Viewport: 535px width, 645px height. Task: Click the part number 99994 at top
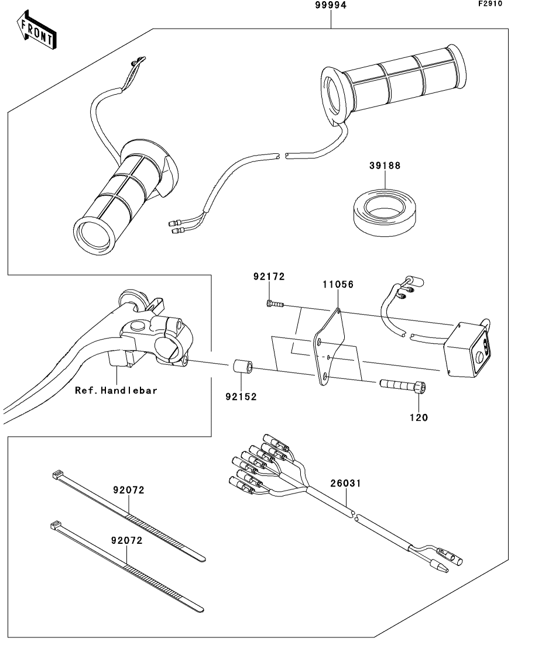[x=331, y=5]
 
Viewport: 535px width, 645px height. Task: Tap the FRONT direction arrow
[x=37, y=31]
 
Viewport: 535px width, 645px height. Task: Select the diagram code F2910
[x=490, y=4]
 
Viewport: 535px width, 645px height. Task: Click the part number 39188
[x=385, y=165]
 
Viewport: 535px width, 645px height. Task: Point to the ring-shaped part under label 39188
[x=383, y=212]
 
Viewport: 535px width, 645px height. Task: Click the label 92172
[x=269, y=277]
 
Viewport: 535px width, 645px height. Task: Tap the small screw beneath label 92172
[x=275, y=304]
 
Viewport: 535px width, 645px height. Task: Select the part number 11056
[x=338, y=284]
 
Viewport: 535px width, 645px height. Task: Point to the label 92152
[x=241, y=397]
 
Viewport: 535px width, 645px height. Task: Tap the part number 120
[x=419, y=418]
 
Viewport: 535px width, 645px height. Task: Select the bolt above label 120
[x=403, y=386]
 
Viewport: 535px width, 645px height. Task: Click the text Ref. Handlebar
[x=116, y=391]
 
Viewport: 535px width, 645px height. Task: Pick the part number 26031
[x=345, y=484]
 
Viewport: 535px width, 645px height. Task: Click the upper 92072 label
[x=129, y=490]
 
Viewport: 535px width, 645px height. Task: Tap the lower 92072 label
[x=126, y=540]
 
